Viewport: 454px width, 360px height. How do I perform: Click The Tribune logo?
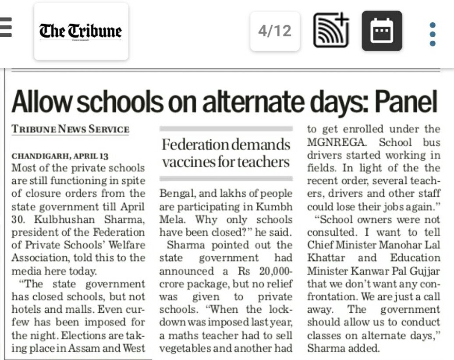81,32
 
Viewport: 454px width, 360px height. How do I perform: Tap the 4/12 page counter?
275,31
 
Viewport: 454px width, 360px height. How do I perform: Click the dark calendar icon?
382,31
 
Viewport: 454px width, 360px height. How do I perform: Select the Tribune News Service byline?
70,129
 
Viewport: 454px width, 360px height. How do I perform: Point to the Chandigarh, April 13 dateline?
60,156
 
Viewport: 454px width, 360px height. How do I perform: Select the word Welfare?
124,245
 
